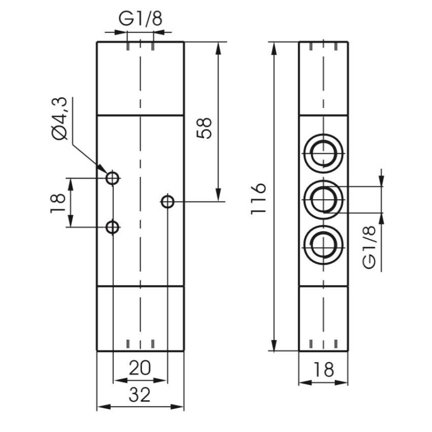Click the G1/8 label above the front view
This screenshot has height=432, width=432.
click(140, 19)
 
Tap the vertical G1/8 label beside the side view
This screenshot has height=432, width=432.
click(369, 247)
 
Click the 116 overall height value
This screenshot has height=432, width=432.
click(260, 198)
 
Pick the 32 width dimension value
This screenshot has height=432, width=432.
click(140, 396)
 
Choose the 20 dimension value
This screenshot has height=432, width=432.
click(140, 368)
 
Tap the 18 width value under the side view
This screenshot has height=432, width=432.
click(323, 370)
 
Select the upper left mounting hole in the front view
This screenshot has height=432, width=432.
click(112, 178)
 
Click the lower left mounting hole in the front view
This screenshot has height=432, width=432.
click(112, 227)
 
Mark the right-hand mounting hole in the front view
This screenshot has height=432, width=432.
click(167, 202)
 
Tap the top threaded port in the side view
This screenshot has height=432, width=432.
click(323, 152)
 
